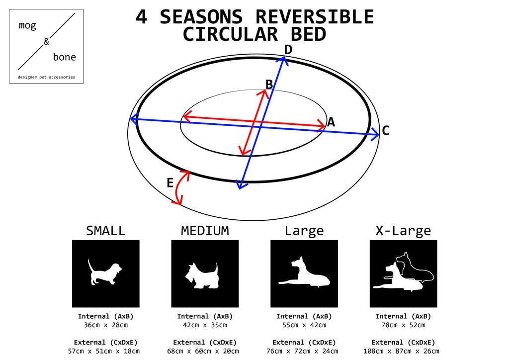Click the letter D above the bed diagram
point(288,50)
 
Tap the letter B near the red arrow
point(269,85)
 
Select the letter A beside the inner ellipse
point(331,122)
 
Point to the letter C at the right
point(386,130)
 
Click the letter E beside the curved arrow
point(170,183)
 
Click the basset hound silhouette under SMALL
point(104,272)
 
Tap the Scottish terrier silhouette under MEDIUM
point(202,275)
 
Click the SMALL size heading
point(105,231)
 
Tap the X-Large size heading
point(403,231)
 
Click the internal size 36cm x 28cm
point(106,325)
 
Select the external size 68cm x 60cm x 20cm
point(203,351)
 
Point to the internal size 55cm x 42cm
point(304,325)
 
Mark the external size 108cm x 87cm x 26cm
point(401,351)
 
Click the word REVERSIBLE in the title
point(315,17)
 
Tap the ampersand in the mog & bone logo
point(46,42)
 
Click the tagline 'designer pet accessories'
point(46,77)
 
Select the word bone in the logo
point(65,57)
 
